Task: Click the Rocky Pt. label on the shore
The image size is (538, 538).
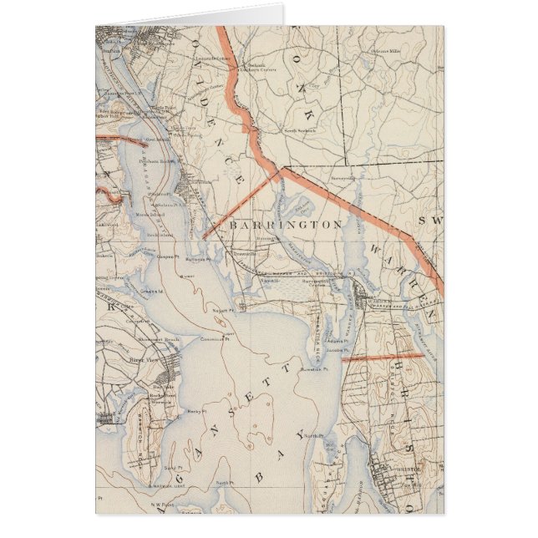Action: [195, 412]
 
